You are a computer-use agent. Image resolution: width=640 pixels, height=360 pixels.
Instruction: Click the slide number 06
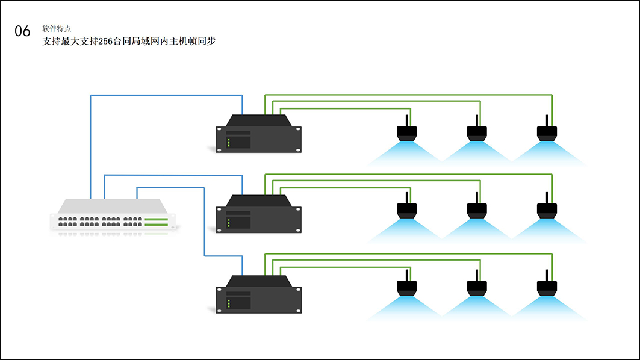(x=22, y=31)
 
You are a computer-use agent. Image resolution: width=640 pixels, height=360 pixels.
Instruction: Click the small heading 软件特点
(x=57, y=28)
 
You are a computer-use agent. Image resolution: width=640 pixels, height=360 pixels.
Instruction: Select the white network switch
(x=113, y=216)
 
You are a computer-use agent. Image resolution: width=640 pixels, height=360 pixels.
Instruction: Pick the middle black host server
(x=259, y=215)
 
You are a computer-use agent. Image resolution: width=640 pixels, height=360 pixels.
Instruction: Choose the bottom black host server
(x=259, y=296)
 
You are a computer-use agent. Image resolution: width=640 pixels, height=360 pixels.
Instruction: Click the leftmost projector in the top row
(x=407, y=132)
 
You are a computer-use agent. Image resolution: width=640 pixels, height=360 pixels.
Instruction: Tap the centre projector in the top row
(x=477, y=132)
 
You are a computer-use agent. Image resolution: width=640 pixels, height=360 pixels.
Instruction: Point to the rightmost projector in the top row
(x=547, y=132)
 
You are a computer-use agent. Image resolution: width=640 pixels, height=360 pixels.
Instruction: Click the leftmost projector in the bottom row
(x=407, y=288)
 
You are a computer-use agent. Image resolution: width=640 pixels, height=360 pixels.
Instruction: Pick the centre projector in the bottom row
(x=477, y=288)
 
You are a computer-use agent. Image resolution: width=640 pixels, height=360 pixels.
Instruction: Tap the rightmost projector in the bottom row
(x=547, y=288)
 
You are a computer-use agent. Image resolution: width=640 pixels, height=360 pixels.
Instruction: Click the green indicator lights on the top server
(x=229, y=143)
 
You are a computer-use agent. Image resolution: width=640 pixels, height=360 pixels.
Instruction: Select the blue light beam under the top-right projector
(x=548, y=153)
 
